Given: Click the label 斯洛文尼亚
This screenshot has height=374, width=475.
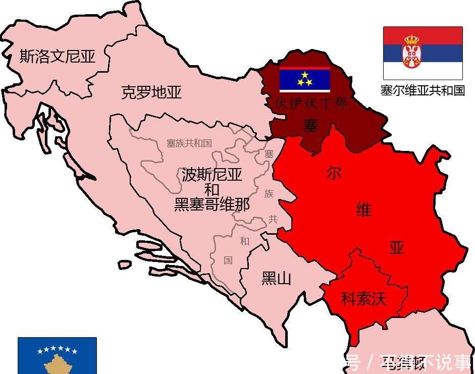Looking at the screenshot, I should point(57,56).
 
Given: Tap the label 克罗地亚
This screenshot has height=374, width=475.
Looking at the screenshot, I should point(151,92).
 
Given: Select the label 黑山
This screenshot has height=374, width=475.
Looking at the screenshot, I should point(276,278).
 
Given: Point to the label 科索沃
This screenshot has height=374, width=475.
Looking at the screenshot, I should point(364,299).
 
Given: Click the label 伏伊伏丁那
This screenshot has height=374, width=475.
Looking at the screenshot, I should point(311,104).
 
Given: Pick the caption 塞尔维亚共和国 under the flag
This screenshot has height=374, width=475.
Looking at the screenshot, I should point(423,90).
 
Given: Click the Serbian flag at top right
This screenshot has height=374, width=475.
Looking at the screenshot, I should point(423,52).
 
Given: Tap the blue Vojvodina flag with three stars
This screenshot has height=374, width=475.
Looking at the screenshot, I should point(305,79).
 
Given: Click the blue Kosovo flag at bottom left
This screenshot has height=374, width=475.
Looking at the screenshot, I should point(57,355).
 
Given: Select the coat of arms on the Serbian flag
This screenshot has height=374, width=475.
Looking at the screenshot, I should point(412,52).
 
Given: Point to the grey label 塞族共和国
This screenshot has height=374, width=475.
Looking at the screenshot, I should point(189,143).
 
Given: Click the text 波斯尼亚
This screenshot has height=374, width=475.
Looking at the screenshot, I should point(212,175).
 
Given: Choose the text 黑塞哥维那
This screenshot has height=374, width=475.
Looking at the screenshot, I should point(212,205).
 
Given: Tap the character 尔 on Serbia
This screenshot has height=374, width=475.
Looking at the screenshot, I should point(334,173).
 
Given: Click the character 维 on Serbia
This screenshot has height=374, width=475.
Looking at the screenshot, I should point(363,209).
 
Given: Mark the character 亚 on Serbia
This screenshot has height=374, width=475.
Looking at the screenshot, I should point(397,247).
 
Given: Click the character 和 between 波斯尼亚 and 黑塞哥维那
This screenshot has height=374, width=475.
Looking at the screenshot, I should point(212,190).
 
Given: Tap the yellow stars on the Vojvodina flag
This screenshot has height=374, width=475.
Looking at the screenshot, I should point(305,78).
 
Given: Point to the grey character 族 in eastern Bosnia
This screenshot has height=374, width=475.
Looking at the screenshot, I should point(269,193).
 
